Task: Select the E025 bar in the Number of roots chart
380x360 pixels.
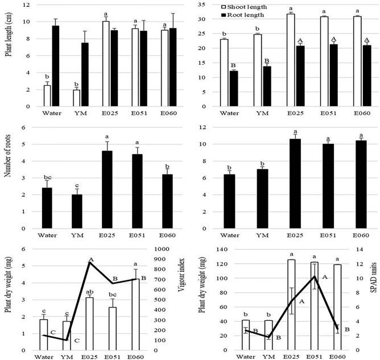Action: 105,190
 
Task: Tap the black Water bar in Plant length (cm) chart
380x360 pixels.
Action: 55,66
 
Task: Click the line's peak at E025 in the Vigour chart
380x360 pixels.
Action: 105,262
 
